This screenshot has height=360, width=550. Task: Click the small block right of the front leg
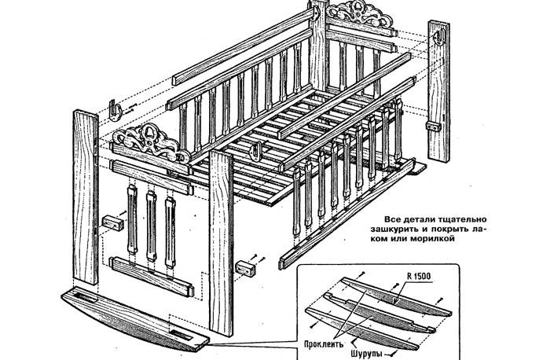click(x=248, y=267)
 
